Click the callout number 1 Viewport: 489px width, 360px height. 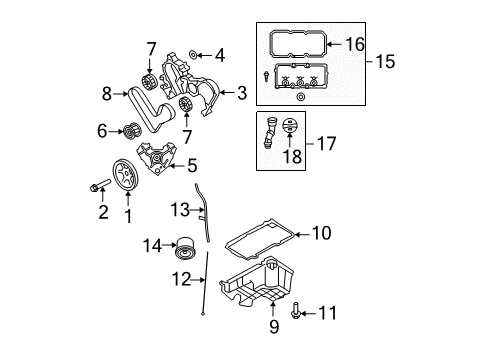[127, 214]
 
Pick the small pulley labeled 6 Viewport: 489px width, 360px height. [128, 129]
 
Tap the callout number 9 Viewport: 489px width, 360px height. [273, 326]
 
